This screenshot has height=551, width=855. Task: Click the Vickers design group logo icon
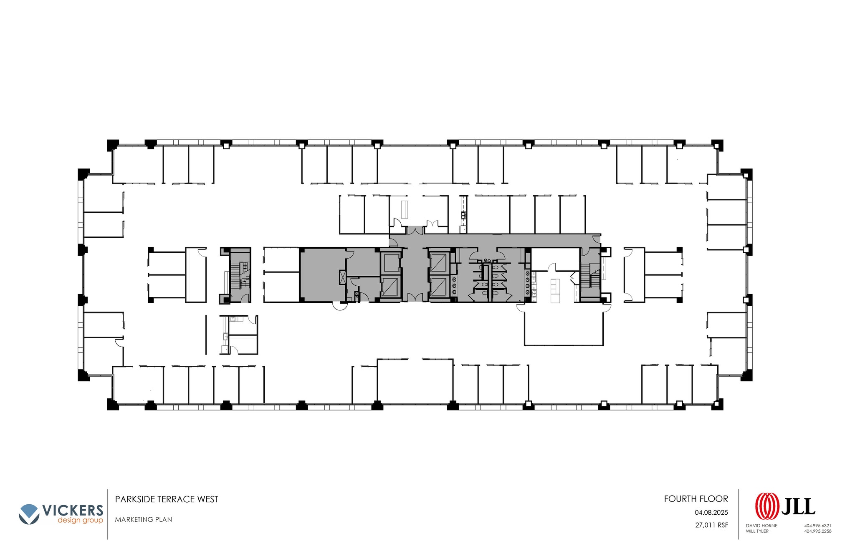[x=29, y=514]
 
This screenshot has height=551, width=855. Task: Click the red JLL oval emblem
[x=767, y=506]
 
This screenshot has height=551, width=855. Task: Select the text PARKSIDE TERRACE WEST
[x=167, y=499]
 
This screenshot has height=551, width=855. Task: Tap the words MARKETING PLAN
[x=144, y=519]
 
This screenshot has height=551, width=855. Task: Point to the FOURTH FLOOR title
[x=696, y=499]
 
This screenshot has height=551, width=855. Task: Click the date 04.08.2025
[x=711, y=513]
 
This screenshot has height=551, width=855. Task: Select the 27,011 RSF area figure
[x=711, y=525]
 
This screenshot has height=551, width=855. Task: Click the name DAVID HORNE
[x=761, y=526]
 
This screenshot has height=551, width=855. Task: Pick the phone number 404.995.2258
[x=818, y=531]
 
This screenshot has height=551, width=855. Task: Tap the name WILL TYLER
[x=757, y=531]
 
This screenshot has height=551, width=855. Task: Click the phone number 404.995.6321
[x=818, y=526]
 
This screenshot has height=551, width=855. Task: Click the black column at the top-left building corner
[x=112, y=145]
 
